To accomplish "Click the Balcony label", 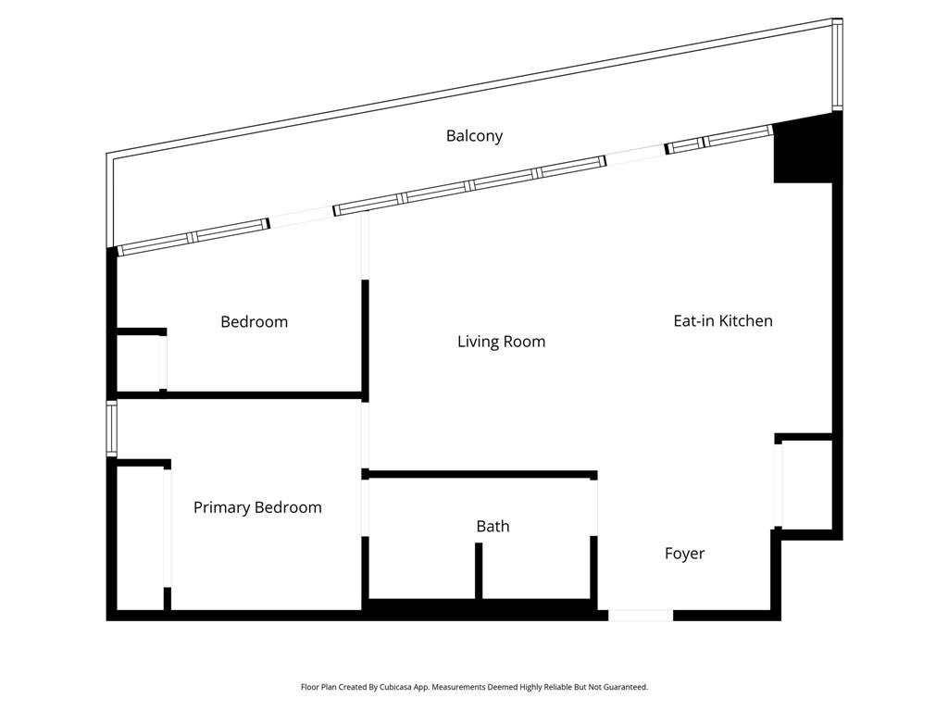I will [x=474, y=136].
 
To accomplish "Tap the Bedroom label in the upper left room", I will [x=254, y=322].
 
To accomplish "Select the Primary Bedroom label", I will [x=257, y=507].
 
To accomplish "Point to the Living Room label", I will [x=501, y=342].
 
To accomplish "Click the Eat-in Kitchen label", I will [x=722, y=321].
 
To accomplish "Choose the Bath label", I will [x=493, y=526].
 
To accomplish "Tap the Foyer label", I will [x=684, y=554].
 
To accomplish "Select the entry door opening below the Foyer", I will [x=640, y=615].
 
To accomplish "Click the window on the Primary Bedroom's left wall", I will [x=112, y=428].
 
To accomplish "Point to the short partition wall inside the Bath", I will [x=479, y=570].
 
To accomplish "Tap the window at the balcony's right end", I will [x=837, y=65].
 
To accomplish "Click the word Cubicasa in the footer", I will [x=393, y=688].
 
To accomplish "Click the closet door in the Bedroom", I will [x=163, y=363].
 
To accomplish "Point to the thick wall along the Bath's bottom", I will [x=479, y=609].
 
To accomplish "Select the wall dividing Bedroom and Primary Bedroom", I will [x=239, y=395].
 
